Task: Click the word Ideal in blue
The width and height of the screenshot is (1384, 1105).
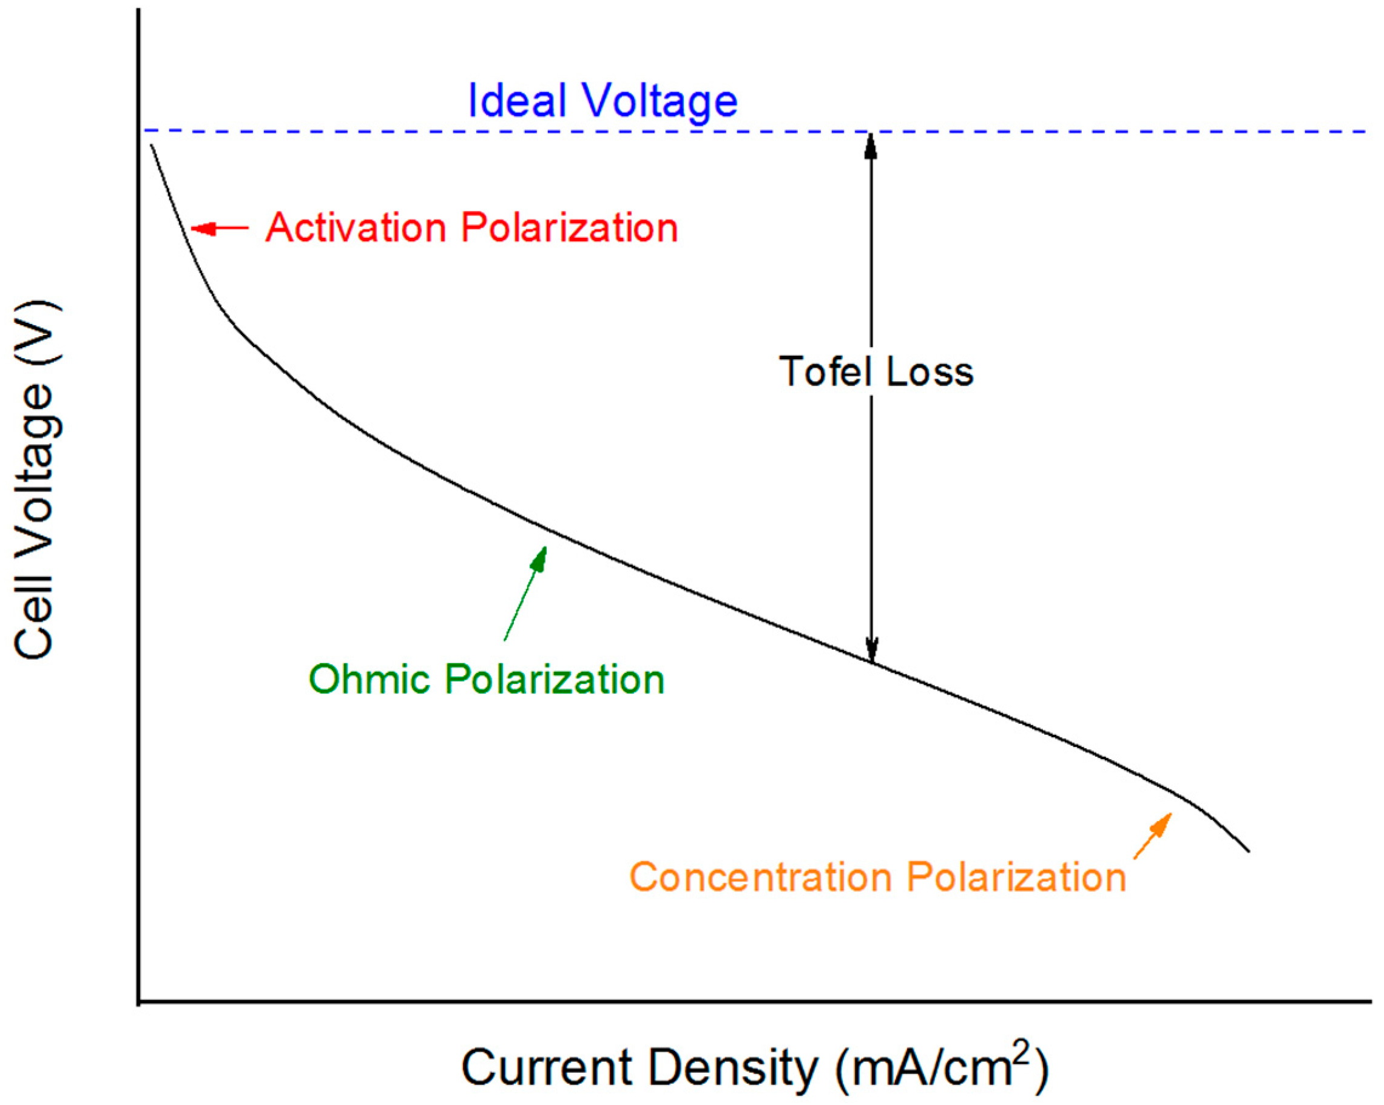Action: pos(517,101)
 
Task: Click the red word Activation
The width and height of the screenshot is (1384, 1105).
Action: pos(356,228)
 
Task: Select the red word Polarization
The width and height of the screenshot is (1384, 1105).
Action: pos(569,228)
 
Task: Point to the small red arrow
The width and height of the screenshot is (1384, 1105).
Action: pos(218,228)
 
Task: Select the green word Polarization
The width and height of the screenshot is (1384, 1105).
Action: pos(555,680)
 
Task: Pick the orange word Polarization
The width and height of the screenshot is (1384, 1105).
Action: pos(1017,877)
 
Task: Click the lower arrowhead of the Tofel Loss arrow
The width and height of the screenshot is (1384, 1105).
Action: pos(871,649)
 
